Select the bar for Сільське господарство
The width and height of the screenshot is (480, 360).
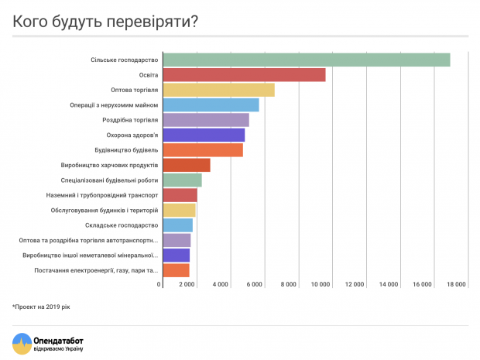[x=307, y=60]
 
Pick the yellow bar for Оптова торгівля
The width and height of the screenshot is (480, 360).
[x=218, y=90]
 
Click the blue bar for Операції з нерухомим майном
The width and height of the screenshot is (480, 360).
[x=211, y=105]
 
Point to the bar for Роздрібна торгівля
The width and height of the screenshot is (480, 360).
[x=206, y=120]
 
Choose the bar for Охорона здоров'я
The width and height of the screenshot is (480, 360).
[x=204, y=135]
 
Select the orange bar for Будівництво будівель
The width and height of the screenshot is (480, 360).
[x=203, y=149]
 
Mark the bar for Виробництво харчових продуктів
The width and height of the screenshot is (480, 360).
[x=187, y=165]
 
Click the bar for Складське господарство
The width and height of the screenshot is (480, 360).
[x=177, y=225]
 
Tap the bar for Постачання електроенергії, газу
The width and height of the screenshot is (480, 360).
[x=176, y=270]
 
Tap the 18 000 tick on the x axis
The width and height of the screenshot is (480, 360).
[x=455, y=285]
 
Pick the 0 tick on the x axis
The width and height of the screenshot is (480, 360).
[x=159, y=285]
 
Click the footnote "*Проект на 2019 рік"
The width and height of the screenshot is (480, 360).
[x=41, y=307]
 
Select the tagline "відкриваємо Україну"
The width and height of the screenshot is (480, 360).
[x=59, y=349]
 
